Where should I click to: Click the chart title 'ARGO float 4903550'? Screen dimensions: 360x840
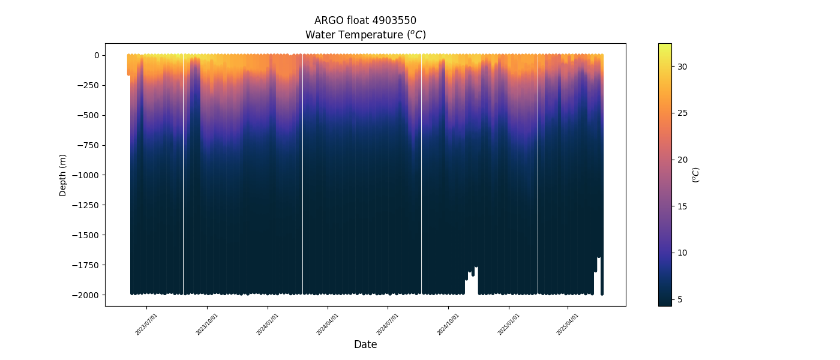tap(365, 20)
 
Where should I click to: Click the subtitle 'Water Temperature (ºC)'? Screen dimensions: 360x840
tap(365, 35)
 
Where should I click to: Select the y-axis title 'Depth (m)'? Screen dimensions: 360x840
tap(63, 175)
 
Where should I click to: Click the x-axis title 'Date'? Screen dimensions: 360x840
tap(365, 344)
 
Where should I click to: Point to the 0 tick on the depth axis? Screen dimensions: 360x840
tap(95, 55)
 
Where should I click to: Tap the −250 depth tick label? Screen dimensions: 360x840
tap(89, 85)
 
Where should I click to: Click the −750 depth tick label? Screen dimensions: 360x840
tap(89, 145)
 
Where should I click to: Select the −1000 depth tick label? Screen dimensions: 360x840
tap(87, 175)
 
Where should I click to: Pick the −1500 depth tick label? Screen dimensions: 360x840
tap(87, 235)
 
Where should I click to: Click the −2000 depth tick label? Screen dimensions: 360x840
tap(87, 295)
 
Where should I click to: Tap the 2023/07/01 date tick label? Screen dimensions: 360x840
tap(146, 324)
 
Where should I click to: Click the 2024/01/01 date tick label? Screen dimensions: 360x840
tap(267, 324)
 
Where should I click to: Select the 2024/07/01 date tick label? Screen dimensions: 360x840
tap(387, 324)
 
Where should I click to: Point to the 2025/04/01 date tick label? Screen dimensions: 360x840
tap(568, 324)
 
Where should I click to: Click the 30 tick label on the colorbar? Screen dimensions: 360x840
tap(682, 67)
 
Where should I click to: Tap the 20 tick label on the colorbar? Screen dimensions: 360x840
tap(682, 160)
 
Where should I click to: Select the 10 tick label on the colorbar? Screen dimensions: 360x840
tap(682, 253)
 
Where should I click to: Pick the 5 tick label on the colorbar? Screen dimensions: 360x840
tap(680, 299)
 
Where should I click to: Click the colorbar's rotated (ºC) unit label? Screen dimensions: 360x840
tap(696, 175)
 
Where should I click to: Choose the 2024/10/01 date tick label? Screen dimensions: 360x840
tap(448, 324)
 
